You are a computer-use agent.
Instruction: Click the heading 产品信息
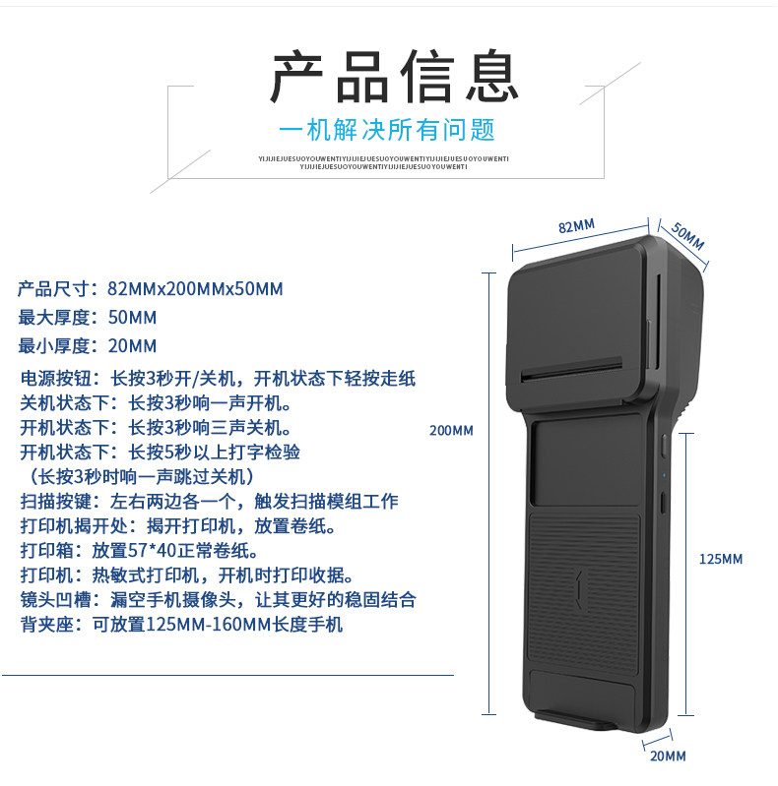(x=395, y=77)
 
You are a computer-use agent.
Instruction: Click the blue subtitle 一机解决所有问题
(x=387, y=130)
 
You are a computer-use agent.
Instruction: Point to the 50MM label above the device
(x=688, y=235)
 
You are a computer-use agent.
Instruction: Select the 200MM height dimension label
(x=451, y=430)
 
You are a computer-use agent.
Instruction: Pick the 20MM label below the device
(x=668, y=756)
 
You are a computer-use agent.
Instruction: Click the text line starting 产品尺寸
(x=151, y=289)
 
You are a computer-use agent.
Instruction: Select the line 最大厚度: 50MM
(x=88, y=318)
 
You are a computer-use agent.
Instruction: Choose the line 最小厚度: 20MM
(x=88, y=345)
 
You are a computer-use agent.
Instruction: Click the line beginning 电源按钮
(x=218, y=378)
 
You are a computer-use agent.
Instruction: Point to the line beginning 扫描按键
(x=209, y=502)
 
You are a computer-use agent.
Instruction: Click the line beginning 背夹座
(x=181, y=625)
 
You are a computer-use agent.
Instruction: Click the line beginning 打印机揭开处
(x=179, y=526)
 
